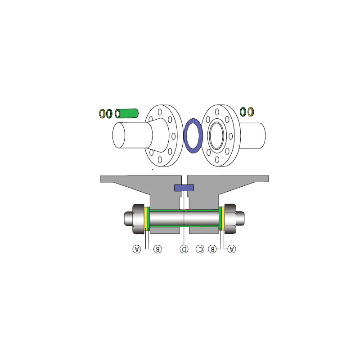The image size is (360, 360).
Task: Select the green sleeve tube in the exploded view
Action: pos(127,113)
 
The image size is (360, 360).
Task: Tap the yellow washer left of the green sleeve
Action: pos(102,114)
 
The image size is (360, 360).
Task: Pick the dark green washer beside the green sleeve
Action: pos(109,114)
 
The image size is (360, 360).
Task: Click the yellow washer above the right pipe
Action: pos(251,112)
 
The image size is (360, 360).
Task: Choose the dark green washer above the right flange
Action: pos(243,112)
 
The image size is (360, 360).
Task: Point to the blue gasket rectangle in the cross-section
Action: pos(184,188)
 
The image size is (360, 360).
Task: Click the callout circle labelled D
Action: pos(184,249)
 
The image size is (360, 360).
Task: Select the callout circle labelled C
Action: pos(200,249)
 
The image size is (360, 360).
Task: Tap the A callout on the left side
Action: pos(137,249)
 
